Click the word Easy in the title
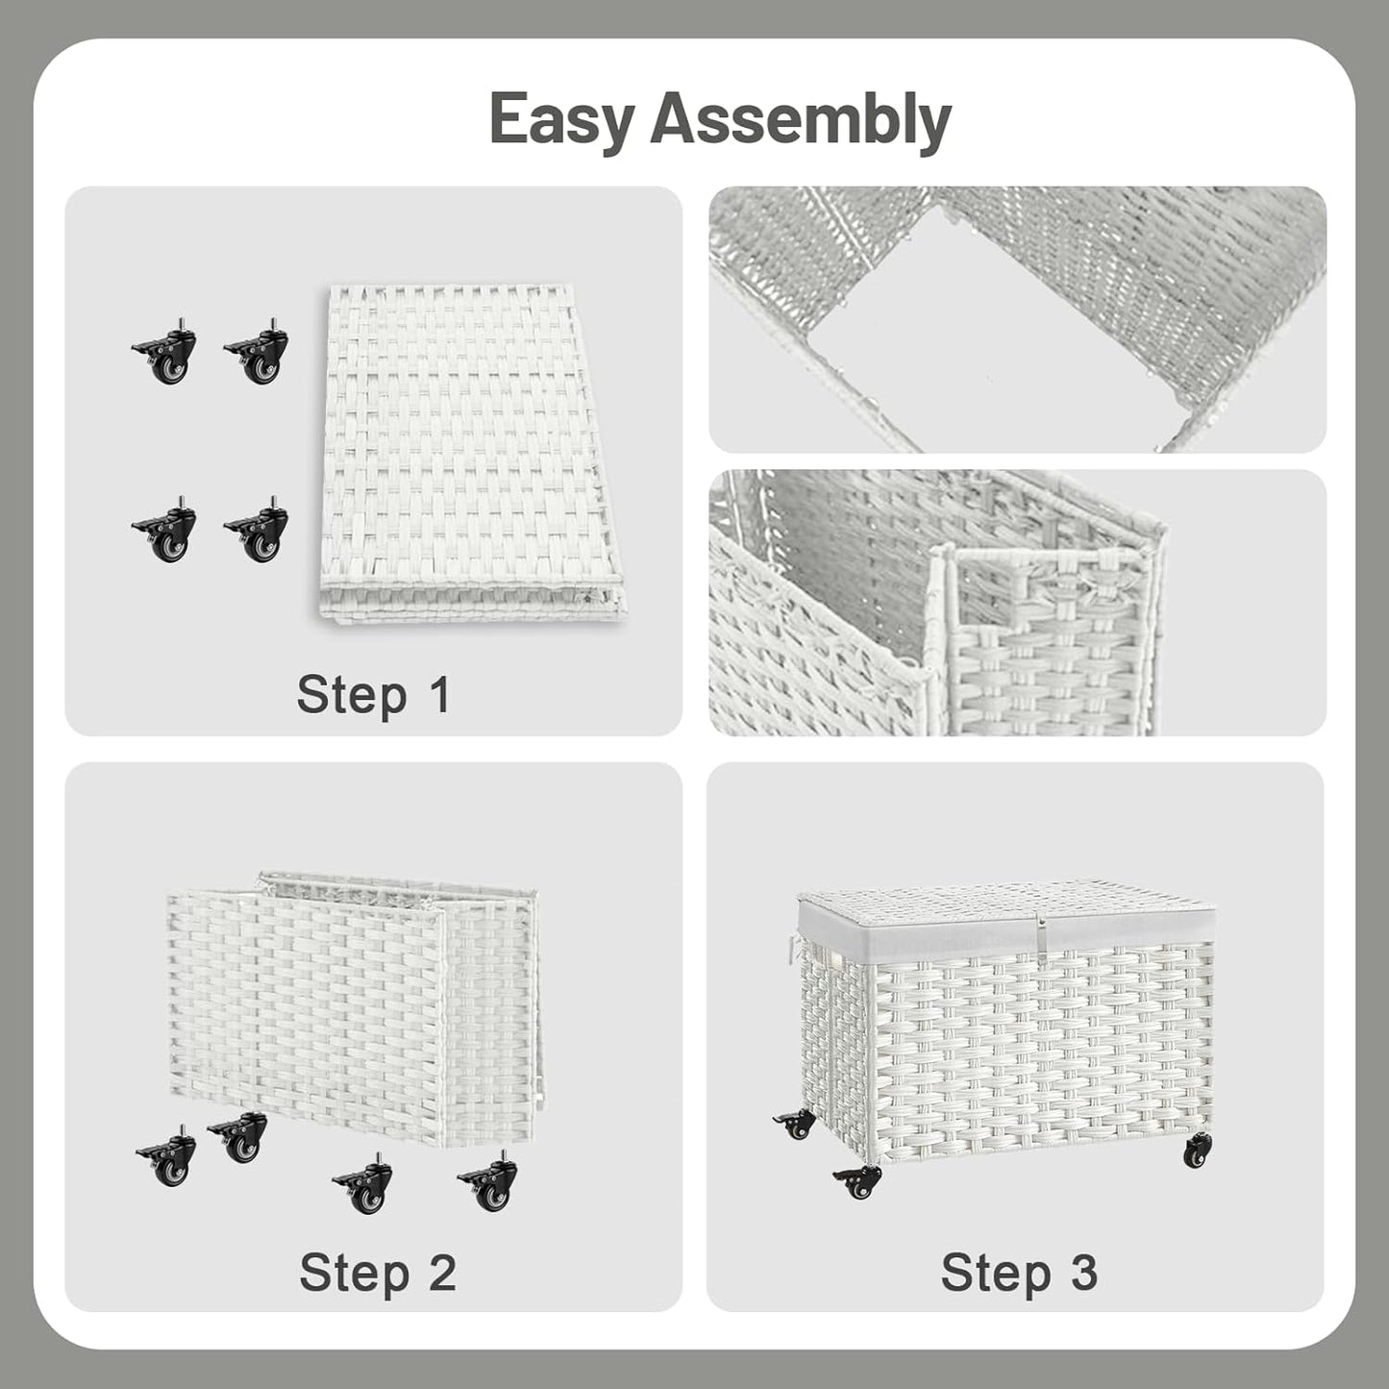(562, 119)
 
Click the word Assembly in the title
(800, 119)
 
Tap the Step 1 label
(373, 694)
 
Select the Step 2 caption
(377, 1272)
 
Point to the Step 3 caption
(1018, 1272)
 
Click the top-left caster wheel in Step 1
(166, 355)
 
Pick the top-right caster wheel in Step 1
(258, 355)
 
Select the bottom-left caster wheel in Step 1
(166, 532)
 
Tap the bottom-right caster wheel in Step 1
(258, 532)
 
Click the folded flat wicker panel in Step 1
(471, 452)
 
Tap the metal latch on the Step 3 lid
(1038, 930)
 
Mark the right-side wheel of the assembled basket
(1197, 1151)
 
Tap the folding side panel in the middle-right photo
(1053, 644)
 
